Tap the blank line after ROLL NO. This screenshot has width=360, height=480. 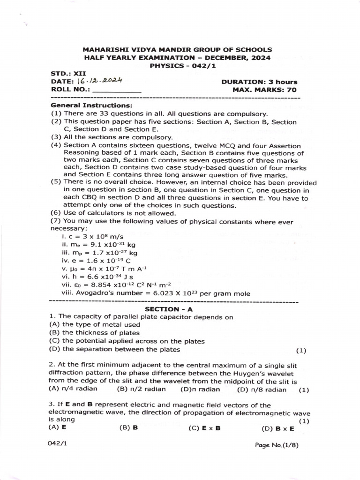click(x=117, y=90)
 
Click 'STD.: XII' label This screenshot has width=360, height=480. click(x=65, y=74)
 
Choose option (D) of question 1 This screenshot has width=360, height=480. click(x=114, y=349)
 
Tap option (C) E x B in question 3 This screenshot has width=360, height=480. click(x=204, y=428)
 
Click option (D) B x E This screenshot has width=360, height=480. click(x=278, y=428)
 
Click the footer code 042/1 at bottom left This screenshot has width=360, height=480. click(x=58, y=443)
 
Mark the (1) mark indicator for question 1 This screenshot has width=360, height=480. click(x=301, y=350)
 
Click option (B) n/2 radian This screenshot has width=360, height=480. click(x=141, y=389)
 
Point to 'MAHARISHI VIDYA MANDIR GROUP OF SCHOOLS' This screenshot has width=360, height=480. click(x=177, y=49)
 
